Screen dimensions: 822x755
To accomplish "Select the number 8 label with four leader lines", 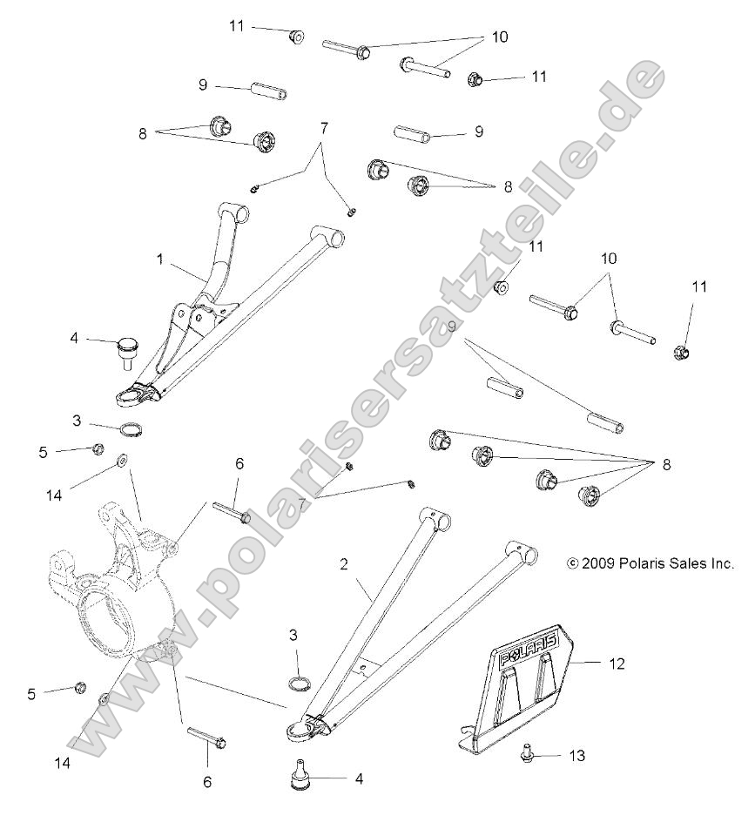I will pyautogui.click(x=667, y=465).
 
